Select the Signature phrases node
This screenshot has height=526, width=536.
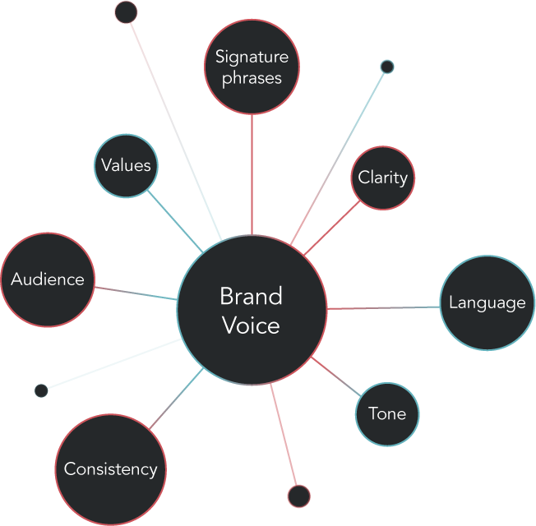click(x=252, y=67)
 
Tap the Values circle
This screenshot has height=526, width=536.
click(x=126, y=165)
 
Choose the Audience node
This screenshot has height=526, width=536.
click(x=48, y=279)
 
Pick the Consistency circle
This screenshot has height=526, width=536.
click(x=111, y=469)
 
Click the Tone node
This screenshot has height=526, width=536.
click(x=387, y=413)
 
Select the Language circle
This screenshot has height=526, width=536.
click(x=487, y=302)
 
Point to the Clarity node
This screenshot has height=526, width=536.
click(x=383, y=178)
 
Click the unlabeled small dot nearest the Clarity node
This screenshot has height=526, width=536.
click(x=387, y=67)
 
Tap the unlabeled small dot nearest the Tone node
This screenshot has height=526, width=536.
click(x=299, y=496)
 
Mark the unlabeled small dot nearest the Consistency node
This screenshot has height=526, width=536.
click(x=41, y=390)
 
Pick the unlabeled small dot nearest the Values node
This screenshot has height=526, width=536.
click(x=126, y=12)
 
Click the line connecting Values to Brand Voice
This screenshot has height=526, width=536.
click(x=175, y=219)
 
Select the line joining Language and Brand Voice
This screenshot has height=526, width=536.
click(x=383, y=308)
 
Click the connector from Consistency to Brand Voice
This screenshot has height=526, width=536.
click(x=176, y=400)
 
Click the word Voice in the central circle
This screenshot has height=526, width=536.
click(x=252, y=325)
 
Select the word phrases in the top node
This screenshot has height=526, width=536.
click(x=252, y=78)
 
